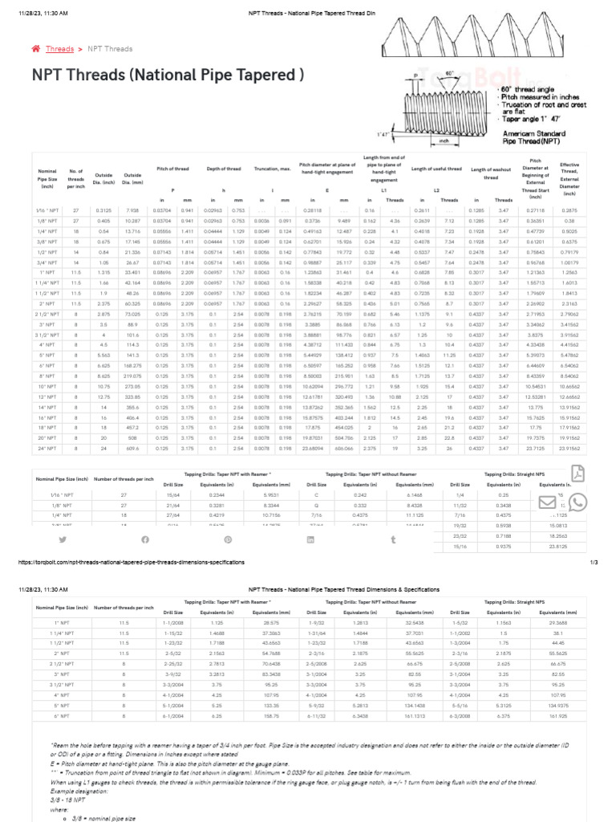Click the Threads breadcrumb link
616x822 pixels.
point(60,49)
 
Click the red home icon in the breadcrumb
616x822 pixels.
point(35,49)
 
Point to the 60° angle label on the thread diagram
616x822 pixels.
point(450,73)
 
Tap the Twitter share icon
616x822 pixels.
point(62,539)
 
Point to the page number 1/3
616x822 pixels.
point(594,563)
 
